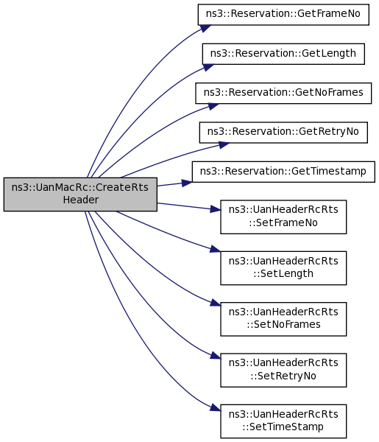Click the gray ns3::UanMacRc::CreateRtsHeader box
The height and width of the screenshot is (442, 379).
tap(80, 194)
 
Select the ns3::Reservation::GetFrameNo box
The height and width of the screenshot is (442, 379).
tap(283, 15)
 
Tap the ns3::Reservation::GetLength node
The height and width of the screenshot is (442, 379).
tap(283, 54)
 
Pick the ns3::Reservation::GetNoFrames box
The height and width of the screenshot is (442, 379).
tap(283, 93)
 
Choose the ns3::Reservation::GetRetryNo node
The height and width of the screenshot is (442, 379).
tap(283, 133)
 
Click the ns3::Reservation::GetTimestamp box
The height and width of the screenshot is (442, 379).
tap(283, 172)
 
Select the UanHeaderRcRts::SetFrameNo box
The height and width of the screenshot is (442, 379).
tap(283, 217)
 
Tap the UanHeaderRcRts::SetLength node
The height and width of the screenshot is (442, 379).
tap(283, 268)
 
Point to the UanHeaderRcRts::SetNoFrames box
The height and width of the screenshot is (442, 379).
tap(283, 319)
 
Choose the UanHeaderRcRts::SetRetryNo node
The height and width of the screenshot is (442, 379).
tap(283, 370)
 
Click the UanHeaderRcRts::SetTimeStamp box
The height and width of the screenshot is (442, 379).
tap(283, 421)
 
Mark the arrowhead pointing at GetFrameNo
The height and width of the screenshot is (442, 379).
tap(205, 28)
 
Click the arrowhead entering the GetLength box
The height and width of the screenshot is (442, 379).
tap(208, 67)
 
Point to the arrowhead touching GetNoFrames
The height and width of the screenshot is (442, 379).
tap(213, 106)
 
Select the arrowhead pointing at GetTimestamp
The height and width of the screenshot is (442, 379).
tap(187, 183)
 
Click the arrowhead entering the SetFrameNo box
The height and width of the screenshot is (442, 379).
tap(216, 209)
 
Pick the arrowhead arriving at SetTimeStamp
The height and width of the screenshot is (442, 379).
tap(216, 407)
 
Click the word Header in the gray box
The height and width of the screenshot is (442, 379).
tap(81, 200)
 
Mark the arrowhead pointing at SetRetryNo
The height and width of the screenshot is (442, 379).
tap(216, 356)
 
